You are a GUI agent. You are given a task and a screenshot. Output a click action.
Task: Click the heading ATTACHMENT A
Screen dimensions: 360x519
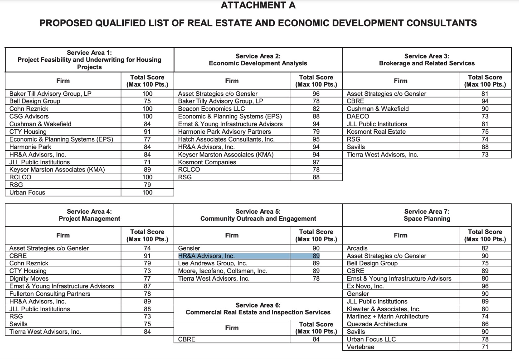point(258,5)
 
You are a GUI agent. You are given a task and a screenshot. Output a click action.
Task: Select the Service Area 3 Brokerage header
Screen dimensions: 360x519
point(427,60)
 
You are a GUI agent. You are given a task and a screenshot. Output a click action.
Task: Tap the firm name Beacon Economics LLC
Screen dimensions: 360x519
point(211,109)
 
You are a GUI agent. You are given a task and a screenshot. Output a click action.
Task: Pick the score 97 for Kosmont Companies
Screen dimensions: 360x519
point(316,162)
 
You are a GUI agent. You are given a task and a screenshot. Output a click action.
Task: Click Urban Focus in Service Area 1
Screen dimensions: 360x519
point(27,192)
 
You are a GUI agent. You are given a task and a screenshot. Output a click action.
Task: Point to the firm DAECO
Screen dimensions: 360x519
point(358,116)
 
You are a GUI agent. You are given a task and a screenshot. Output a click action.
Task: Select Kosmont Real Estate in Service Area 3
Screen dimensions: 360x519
point(376,132)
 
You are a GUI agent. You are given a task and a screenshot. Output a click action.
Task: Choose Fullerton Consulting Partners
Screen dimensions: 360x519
point(50,294)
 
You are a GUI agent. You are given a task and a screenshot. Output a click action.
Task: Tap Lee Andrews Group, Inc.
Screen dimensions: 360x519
point(212,263)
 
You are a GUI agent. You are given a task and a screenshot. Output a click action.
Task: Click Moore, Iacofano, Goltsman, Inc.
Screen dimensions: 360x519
point(222,271)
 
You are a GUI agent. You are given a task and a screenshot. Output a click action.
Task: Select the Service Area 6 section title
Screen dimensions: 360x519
point(258,309)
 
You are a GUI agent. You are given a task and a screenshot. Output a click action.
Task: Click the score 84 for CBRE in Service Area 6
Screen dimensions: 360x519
point(316,339)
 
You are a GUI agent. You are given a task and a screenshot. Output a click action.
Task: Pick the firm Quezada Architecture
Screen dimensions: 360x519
point(377,324)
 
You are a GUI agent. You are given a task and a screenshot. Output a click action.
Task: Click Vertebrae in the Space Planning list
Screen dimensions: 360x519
point(360,347)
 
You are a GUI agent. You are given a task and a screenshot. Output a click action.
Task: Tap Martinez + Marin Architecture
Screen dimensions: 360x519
point(388,317)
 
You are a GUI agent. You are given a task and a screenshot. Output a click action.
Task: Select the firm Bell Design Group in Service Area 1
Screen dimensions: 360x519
point(35,101)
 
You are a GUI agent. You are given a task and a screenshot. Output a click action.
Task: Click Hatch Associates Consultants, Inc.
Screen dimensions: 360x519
point(226,139)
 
